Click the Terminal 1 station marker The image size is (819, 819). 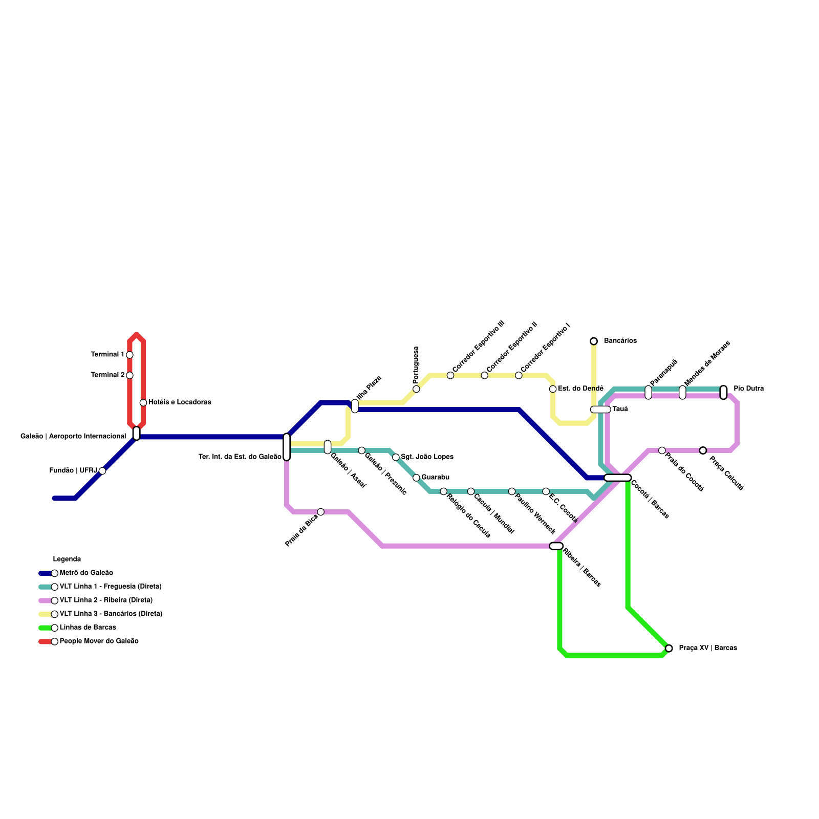(130, 355)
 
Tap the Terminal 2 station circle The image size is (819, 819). (130, 375)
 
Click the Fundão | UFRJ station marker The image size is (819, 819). (102, 471)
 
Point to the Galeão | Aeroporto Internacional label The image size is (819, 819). (73, 437)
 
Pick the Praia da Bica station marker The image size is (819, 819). (320, 512)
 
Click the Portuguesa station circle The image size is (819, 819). (416, 389)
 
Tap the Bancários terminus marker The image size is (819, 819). (594, 341)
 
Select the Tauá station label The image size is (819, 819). (620, 409)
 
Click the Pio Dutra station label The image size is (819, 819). (748, 389)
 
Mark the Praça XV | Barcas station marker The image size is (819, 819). (669, 648)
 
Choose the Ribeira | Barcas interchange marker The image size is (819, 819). (556, 546)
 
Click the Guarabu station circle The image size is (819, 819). (416, 478)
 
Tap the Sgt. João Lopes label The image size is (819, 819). (427, 457)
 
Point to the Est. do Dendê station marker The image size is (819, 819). (553, 389)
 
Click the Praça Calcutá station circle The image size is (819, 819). (703, 450)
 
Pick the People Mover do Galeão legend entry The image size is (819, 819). (99, 641)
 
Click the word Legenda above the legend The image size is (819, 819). (67, 559)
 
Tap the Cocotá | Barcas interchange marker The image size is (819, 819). (617, 478)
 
